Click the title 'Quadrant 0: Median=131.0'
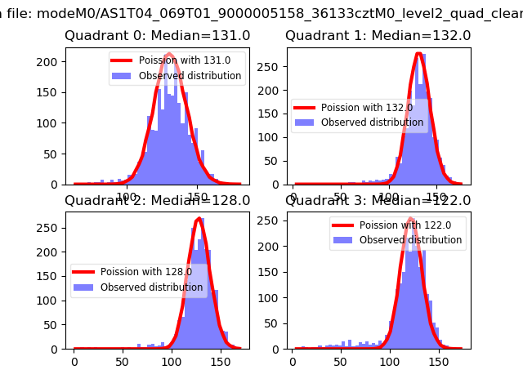[x=158, y=36]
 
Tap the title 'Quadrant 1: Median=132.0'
[x=378, y=36]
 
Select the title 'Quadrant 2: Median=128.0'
[x=158, y=200]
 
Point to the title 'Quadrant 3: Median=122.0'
[x=378, y=200]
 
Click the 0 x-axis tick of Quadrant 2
[x=74, y=360]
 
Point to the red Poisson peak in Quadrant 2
[x=199, y=219]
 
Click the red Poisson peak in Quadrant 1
[x=419, y=54]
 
